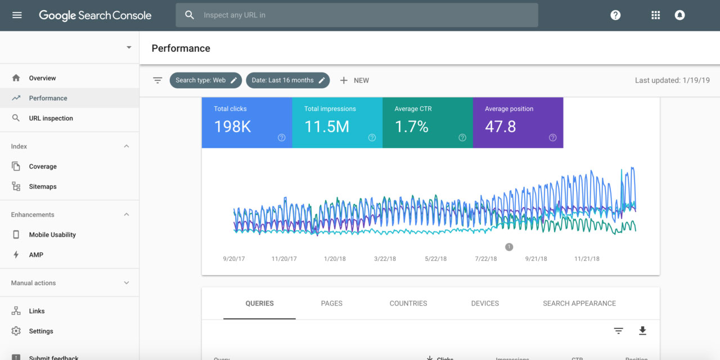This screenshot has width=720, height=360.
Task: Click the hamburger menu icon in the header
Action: click(17, 15)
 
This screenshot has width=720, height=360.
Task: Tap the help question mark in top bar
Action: click(615, 15)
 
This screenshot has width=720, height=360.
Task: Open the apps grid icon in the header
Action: click(655, 15)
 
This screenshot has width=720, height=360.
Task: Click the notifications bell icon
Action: click(679, 15)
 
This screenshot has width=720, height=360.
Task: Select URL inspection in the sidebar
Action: click(51, 118)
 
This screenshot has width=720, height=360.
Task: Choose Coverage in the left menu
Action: click(43, 166)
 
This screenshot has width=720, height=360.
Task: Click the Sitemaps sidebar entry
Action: click(43, 187)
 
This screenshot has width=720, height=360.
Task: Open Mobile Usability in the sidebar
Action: click(52, 235)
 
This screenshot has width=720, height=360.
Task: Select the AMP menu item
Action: click(36, 255)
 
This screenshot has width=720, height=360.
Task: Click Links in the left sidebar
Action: click(37, 311)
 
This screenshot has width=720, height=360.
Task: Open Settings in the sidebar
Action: click(41, 331)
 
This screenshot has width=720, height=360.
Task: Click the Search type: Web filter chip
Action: click(206, 80)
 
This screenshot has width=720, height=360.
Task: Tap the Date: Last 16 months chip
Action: click(288, 80)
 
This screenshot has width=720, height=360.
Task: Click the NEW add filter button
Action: click(354, 80)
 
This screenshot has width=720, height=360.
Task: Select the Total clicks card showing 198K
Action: click(246, 123)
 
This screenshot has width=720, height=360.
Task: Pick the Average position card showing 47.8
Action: click(517, 123)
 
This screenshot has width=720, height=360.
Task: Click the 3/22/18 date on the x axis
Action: click(385, 259)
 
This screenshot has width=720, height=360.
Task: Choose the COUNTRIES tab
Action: click(408, 303)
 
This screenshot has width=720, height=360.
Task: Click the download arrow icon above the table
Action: click(642, 331)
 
